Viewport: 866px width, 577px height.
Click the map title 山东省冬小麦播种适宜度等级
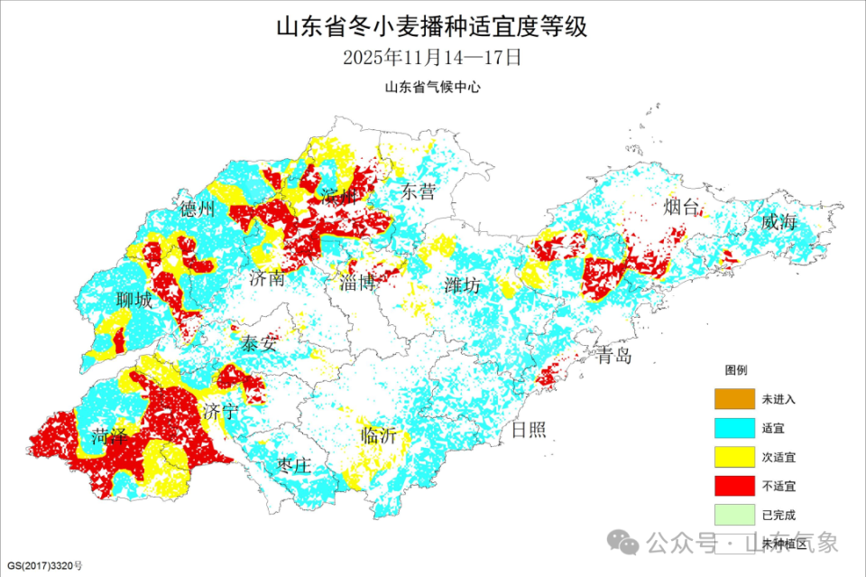tap(432, 26)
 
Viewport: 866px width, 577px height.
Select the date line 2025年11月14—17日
tap(432, 58)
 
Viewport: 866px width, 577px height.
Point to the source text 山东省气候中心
tap(432, 88)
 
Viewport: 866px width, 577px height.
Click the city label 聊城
tap(134, 301)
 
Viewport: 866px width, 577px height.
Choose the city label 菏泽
tap(109, 439)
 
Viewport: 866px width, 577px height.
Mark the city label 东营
tap(419, 191)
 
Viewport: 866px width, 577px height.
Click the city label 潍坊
tap(464, 286)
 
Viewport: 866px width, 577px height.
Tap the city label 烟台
tap(682, 208)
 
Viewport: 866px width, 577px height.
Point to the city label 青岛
tap(613, 356)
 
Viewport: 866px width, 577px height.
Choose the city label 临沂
tap(379, 435)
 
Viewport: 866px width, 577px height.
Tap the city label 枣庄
tap(294, 466)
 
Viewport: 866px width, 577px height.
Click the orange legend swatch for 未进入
tap(733, 398)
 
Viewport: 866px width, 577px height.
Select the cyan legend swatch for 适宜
tap(733, 427)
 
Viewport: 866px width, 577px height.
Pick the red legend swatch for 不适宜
tap(733, 486)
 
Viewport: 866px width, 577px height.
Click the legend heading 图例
tap(735, 370)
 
